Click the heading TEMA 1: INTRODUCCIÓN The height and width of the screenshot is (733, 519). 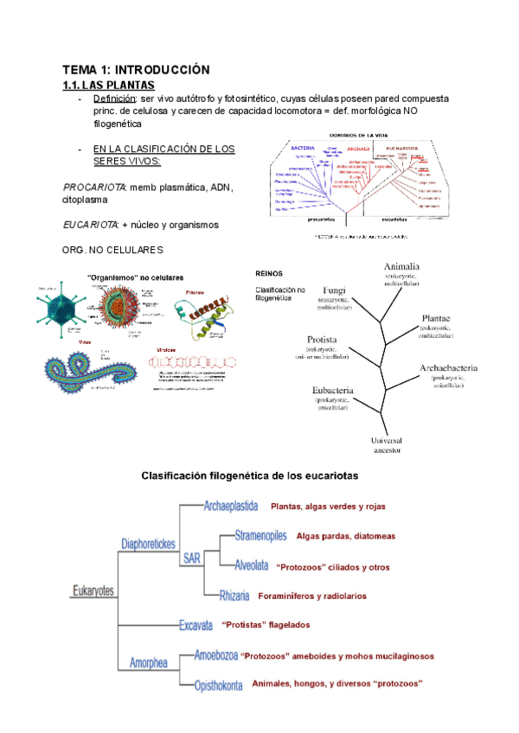pyautogui.click(x=136, y=69)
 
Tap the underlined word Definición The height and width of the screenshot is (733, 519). pyautogui.click(x=115, y=99)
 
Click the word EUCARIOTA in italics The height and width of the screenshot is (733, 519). pyautogui.click(x=91, y=225)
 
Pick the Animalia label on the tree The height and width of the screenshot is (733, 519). pyautogui.click(x=402, y=266)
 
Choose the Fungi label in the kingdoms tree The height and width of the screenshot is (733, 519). pyautogui.click(x=334, y=290)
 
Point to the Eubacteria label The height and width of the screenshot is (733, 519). pyautogui.click(x=333, y=390)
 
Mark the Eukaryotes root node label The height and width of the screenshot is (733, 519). pyautogui.click(x=93, y=591)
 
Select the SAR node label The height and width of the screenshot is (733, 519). pyautogui.click(x=191, y=558)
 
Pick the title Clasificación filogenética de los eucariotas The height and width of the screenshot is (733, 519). pyautogui.click(x=249, y=476)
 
